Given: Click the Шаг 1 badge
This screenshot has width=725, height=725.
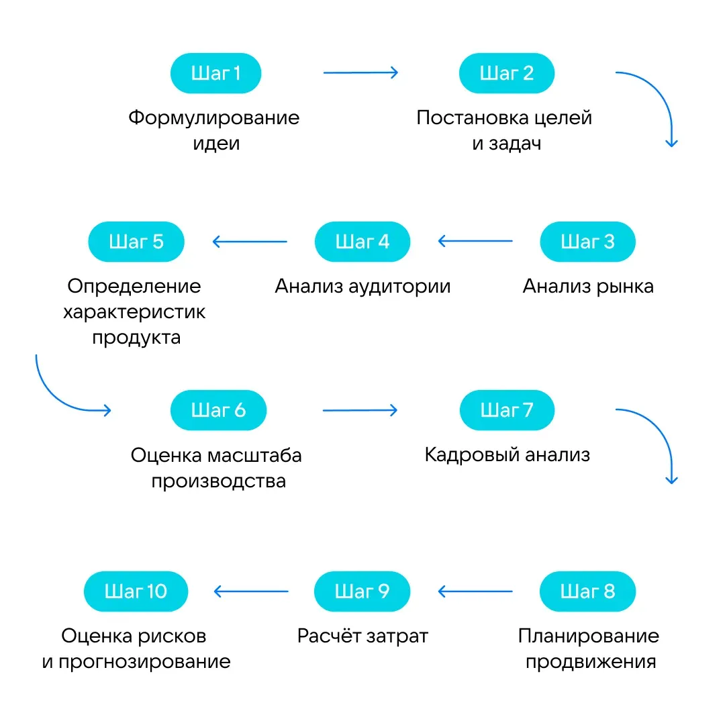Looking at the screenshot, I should pyautogui.click(x=215, y=73).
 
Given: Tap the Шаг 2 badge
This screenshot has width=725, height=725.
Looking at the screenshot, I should pyautogui.click(x=507, y=73).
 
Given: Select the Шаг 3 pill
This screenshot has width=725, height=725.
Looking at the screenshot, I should pyautogui.click(x=587, y=242).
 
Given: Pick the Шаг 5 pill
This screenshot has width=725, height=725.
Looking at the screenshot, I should pyautogui.click(x=136, y=242).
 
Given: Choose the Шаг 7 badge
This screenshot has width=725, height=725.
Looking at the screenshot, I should pyautogui.click(x=507, y=410).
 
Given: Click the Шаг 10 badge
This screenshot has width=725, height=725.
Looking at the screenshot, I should pyautogui.click(x=136, y=591).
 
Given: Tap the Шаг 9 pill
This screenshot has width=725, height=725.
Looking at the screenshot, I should pyautogui.click(x=362, y=591).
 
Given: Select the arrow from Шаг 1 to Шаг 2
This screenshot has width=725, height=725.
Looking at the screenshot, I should pyautogui.click(x=360, y=73).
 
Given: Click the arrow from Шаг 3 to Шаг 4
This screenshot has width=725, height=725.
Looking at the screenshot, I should pyautogui.click(x=475, y=242).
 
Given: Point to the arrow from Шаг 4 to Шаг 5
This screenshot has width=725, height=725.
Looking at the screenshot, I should pyautogui.click(x=250, y=242).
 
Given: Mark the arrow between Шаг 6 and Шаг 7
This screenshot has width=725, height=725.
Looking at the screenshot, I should pyautogui.click(x=360, y=410).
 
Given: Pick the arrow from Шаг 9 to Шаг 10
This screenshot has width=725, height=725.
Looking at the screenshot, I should pyautogui.click(x=250, y=591).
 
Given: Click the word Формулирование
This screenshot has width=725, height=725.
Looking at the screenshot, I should pyautogui.click(x=214, y=118).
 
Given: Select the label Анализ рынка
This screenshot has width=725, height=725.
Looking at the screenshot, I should pyautogui.click(x=588, y=287).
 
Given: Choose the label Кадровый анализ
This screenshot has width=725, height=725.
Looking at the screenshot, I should pyautogui.click(x=507, y=455).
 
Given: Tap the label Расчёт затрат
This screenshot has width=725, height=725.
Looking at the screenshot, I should pyautogui.click(x=362, y=636).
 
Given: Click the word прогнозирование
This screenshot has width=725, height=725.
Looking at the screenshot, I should pyautogui.click(x=144, y=662).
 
